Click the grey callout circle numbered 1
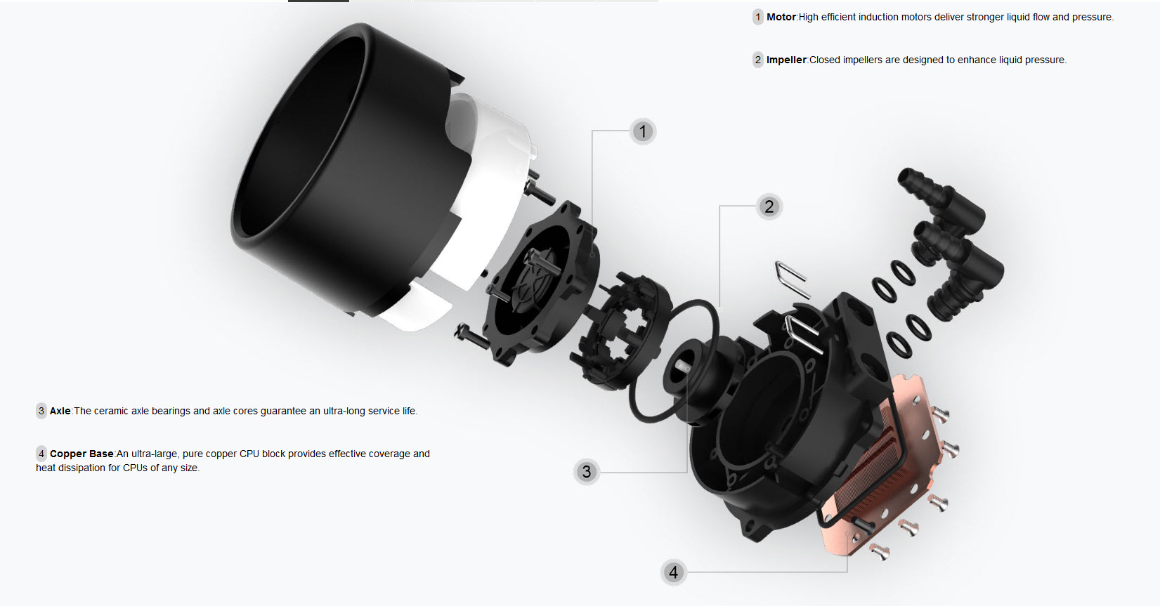pos(643,131)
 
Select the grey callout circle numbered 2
pos(769,207)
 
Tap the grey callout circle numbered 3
pos(587,471)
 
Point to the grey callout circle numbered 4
pos(673,572)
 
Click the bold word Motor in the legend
pos(781,17)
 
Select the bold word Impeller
pos(786,60)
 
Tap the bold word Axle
pos(60,411)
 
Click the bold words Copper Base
pos(82,454)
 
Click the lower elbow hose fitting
pos(958,269)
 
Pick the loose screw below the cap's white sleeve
pos(471,336)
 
